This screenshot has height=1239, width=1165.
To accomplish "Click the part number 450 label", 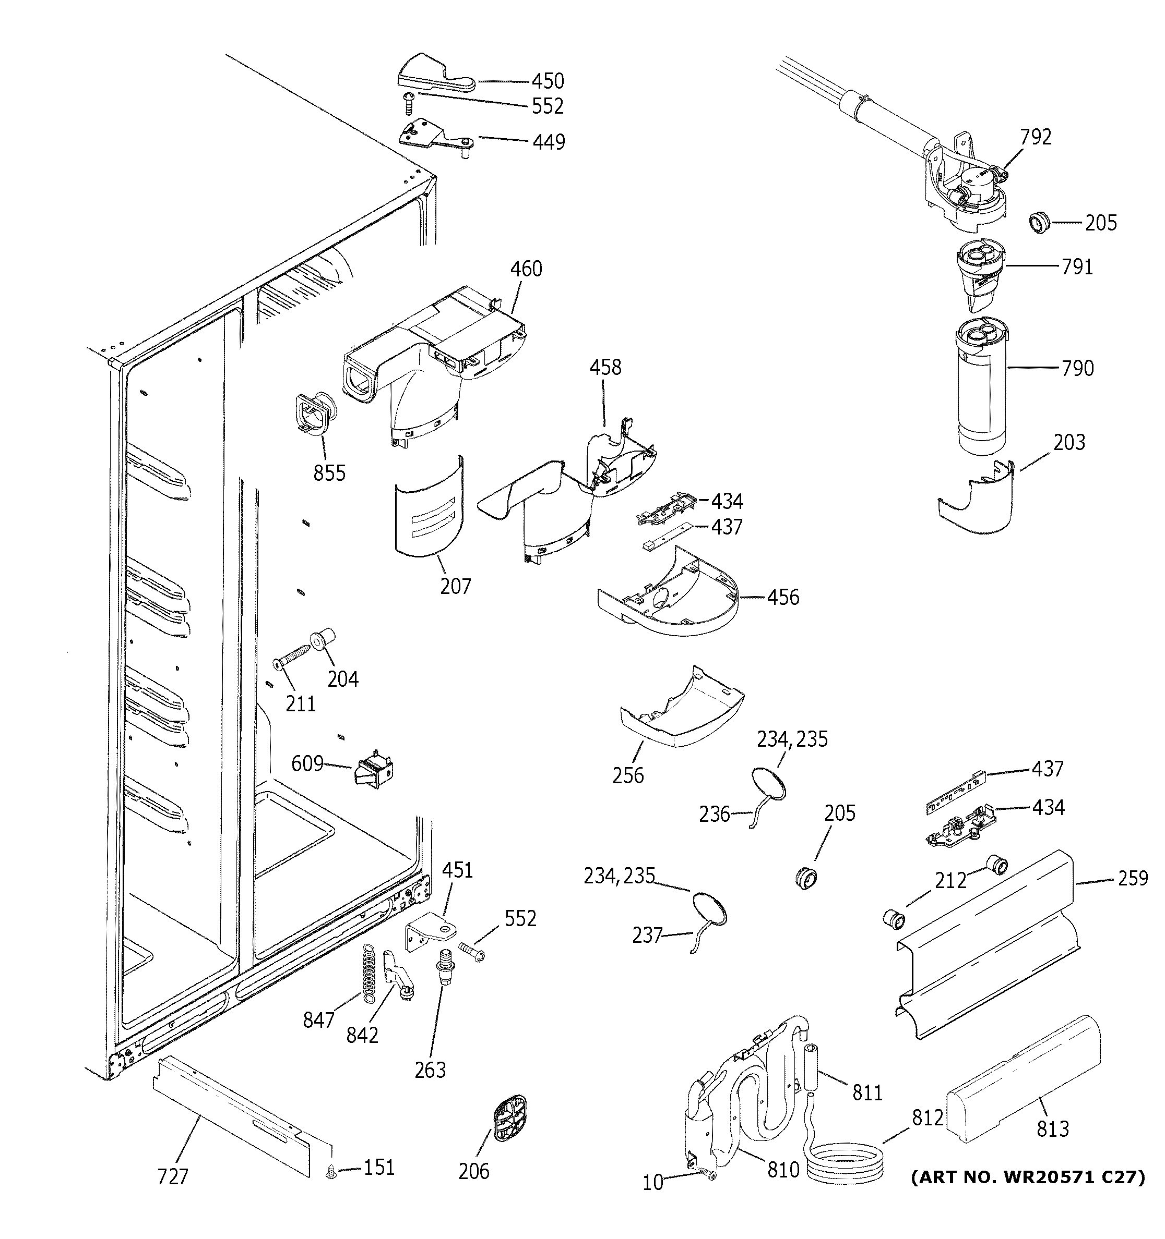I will click(x=548, y=81).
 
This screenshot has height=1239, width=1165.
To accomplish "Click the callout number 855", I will click(x=329, y=473).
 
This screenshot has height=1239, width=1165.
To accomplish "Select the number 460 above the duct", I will click(x=526, y=269).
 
